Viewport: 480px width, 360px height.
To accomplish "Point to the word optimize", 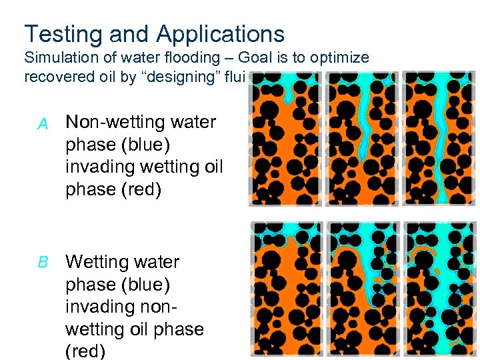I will point(338,58).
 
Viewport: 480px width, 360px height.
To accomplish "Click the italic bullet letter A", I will point(43,123).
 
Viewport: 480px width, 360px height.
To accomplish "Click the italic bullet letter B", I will point(43,262).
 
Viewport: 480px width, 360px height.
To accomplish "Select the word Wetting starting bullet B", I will point(99,261).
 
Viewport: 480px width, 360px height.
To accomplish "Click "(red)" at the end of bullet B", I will point(85,351).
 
